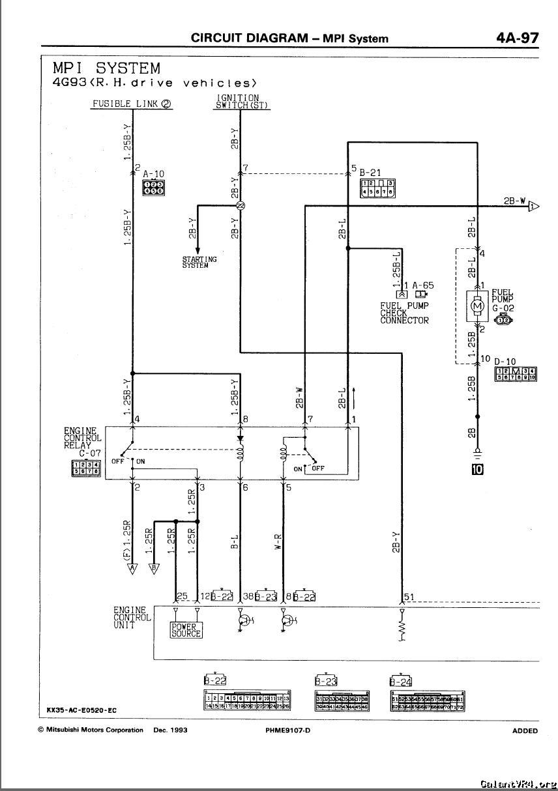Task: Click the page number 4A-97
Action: point(517,37)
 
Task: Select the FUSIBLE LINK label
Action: point(132,104)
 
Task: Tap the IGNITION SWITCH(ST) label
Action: point(241,102)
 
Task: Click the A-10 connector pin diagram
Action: point(153,188)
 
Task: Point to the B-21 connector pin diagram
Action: point(377,188)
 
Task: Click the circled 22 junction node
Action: point(241,206)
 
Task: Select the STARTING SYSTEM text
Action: point(199,263)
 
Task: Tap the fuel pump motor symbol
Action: point(478,306)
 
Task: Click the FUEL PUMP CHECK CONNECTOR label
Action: point(404,313)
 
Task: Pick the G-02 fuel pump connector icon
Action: point(504,319)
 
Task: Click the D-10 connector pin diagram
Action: point(516,373)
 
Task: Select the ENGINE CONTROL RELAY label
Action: point(82,438)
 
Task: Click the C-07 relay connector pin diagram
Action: point(85,468)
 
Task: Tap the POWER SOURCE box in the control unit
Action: point(186,630)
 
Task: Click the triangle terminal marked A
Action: point(132,568)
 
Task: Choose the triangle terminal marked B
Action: point(154,568)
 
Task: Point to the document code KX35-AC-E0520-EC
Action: point(81,710)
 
